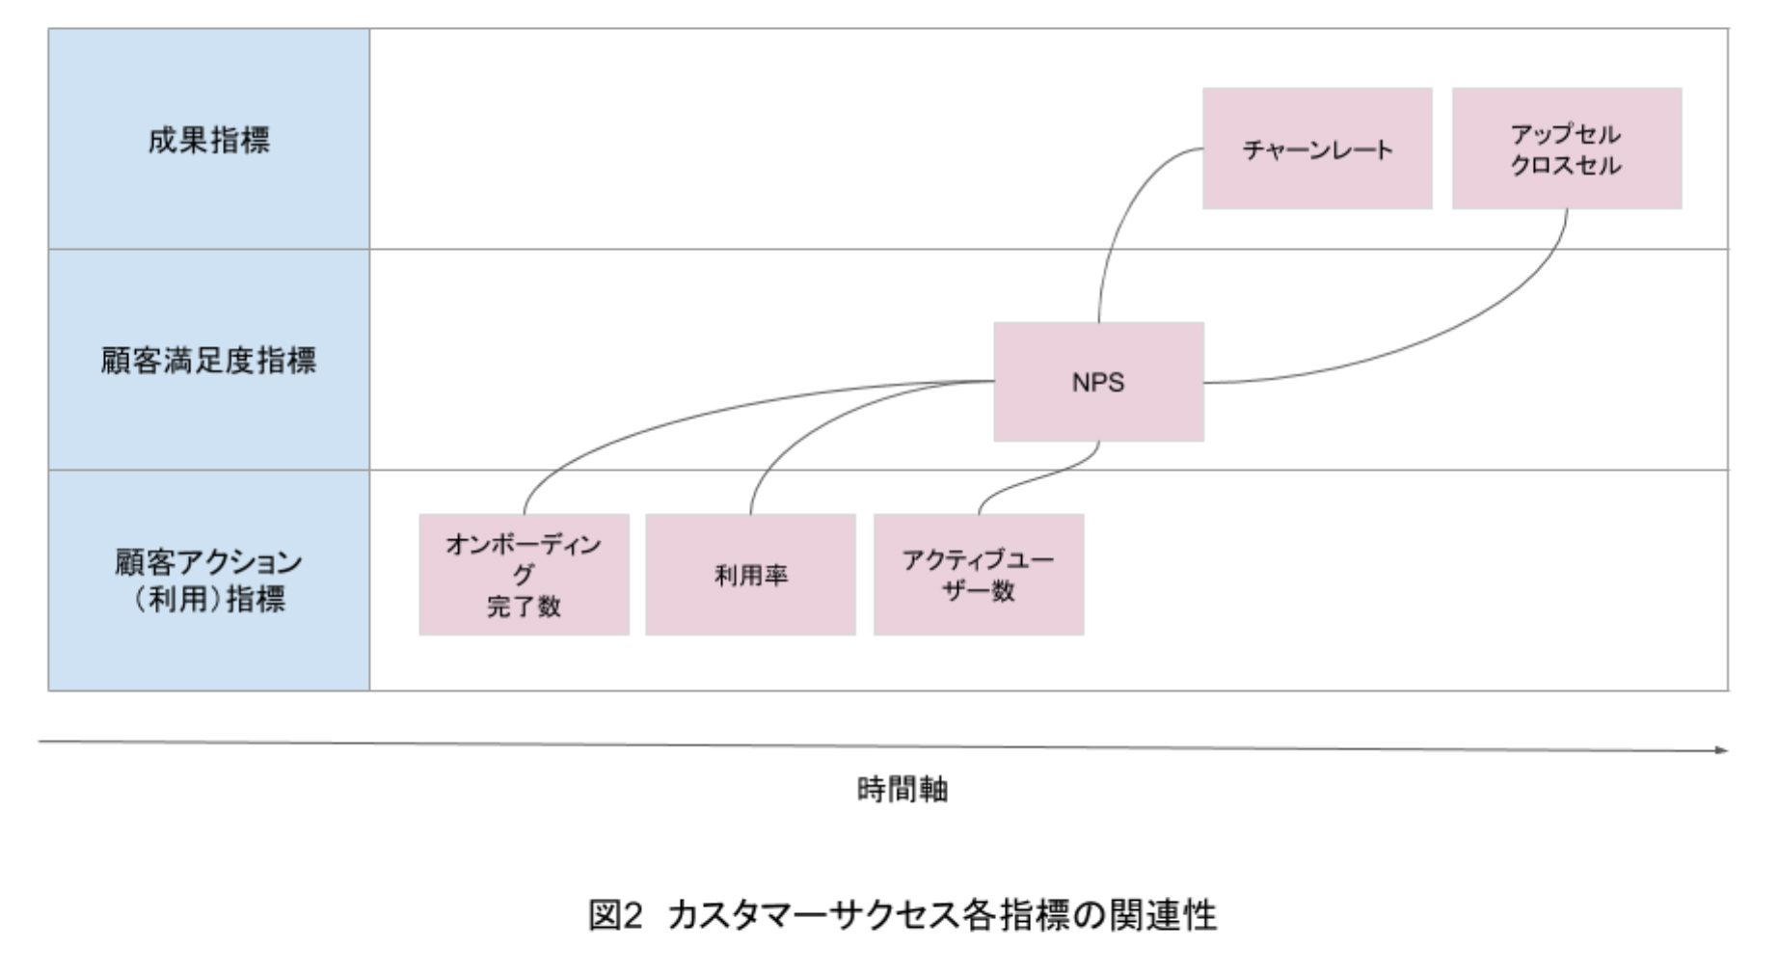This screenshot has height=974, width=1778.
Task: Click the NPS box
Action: click(1098, 382)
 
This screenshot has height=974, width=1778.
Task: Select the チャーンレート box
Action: click(1317, 149)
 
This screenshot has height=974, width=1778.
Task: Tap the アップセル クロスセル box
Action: click(1567, 149)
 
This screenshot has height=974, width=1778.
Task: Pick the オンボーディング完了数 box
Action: click(524, 575)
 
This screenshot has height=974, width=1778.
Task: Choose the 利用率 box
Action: click(750, 575)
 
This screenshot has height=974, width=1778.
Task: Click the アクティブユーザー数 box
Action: click(979, 575)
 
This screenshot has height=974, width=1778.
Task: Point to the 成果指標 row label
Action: click(208, 140)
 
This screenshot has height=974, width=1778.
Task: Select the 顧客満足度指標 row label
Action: click(208, 361)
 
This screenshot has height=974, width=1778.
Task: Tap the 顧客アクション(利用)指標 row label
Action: click(208, 581)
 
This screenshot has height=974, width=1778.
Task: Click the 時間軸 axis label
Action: click(902, 790)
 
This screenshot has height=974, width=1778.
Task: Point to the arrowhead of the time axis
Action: click(1722, 749)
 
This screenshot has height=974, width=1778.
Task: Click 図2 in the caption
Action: click(615, 914)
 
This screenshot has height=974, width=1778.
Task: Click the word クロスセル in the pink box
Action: click(1566, 166)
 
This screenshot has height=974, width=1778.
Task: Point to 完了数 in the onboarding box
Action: click(524, 607)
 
